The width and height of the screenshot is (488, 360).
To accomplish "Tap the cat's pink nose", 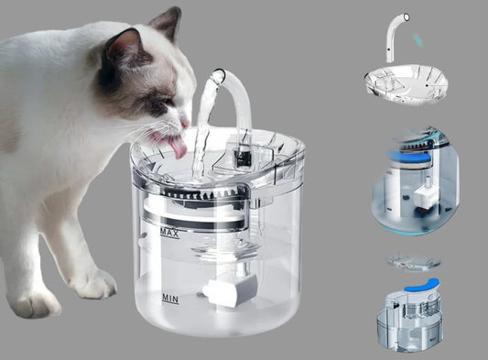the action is tap(185, 123).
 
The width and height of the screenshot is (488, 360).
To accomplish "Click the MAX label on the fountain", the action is tap(170, 233).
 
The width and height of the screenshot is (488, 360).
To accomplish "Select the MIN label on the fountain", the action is tap(170, 300).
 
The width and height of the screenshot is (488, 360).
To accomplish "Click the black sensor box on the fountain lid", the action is tap(242, 155).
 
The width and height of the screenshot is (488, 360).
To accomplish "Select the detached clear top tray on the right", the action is tap(407, 84).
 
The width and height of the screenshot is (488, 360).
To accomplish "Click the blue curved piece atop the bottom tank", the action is tap(423, 285).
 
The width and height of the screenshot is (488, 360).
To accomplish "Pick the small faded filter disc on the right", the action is tap(412, 263).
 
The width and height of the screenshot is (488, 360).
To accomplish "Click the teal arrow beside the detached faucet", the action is tap(418, 40).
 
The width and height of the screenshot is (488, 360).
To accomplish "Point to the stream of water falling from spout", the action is tap(202, 131).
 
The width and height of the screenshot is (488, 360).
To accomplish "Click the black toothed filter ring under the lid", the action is tap(200, 193).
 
